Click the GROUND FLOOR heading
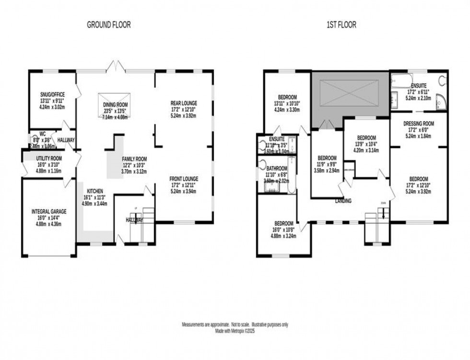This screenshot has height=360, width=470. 108,25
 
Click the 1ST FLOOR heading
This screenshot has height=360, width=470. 342,25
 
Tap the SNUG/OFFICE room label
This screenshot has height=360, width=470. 53,94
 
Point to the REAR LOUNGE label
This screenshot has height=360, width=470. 184,103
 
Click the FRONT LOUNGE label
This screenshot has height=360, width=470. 184,179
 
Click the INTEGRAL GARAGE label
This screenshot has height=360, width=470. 49,211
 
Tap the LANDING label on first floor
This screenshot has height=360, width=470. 343,201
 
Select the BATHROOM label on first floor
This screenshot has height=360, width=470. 277,168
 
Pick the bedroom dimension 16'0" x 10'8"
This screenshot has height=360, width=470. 284,230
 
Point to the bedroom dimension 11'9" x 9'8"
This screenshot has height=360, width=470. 326,164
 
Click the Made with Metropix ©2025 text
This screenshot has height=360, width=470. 235,331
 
